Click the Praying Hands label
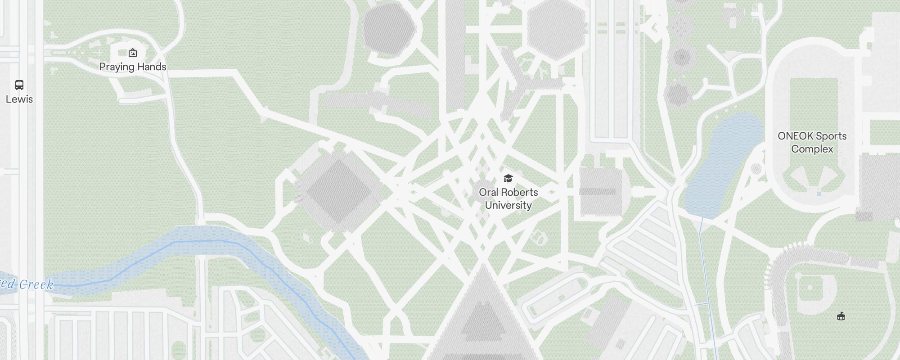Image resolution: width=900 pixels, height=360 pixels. pyautogui.click(x=132, y=67)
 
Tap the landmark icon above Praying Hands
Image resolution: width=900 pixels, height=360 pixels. pyautogui.click(x=133, y=53)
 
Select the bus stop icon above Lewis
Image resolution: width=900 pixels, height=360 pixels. pyautogui.click(x=19, y=85)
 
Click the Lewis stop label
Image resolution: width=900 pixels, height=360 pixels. pyautogui.click(x=19, y=99)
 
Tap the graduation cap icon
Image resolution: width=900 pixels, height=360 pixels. pyautogui.click(x=508, y=179)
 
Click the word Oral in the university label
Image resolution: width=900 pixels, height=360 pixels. pyautogui.click(x=488, y=192)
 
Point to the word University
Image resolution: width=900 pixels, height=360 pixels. pyautogui.click(x=508, y=205)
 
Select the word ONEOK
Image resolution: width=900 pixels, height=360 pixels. pyautogui.click(x=795, y=136)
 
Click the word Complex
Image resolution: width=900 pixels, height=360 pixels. pyautogui.click(x=812, y=149)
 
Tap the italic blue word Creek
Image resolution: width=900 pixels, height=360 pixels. pyautogui.click(x=36, y=284)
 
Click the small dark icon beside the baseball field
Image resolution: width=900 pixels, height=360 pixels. pyautogui.click(x=841, y=316)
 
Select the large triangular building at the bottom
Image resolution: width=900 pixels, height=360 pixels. pyautogui.click(x=483, y=315)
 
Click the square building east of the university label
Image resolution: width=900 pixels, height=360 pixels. pyautogui.click(x=601, y=191)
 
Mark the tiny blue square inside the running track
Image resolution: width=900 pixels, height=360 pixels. pyautogui.click(x=819, y=194)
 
